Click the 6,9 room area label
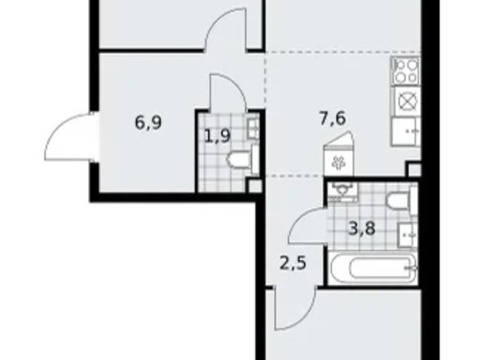click(149, 123)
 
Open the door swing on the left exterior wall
click(68, 137)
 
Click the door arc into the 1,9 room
click(227, 92)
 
